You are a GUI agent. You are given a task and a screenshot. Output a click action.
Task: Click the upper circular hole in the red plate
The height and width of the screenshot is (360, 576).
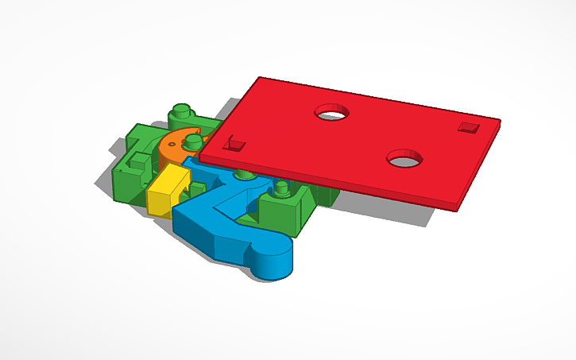coord(334,113)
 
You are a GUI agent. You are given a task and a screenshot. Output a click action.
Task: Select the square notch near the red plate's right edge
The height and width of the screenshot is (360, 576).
coord(466,126)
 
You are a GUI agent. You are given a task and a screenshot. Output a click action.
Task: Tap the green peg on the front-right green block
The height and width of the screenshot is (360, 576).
coord(282,188)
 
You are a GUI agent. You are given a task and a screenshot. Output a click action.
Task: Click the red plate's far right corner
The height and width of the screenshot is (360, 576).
coord(500,121)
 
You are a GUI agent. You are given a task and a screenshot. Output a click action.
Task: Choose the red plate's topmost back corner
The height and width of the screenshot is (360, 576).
coord(261,78)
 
